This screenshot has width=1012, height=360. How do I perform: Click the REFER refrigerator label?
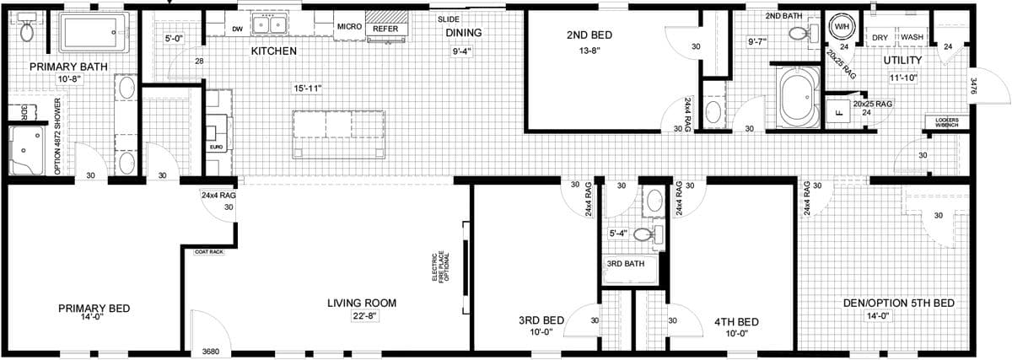point(385,29)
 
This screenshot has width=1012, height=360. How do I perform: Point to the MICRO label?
point(349,27)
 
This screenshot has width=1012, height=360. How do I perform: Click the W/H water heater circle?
point(841,27)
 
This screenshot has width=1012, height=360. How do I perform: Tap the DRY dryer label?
point(880,38)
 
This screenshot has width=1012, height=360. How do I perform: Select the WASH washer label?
point(912,38)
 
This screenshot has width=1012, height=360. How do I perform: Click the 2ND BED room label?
point(589,35)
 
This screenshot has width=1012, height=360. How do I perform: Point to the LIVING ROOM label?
point(362,303)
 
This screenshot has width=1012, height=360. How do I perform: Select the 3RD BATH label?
point(625,264)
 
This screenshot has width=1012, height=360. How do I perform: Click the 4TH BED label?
point(736,321)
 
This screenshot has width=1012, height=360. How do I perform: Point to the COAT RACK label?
point(208,252)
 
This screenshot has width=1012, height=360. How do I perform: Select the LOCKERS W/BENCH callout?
point(946,122)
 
